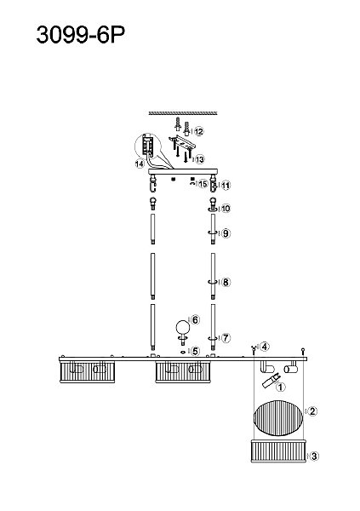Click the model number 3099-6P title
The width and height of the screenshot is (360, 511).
tap(81, 35)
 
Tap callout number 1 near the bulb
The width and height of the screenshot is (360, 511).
tap(280, 388)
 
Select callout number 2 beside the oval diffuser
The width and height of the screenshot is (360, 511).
tap(312, 411)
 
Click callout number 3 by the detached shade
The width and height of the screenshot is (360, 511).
tap(314, 456)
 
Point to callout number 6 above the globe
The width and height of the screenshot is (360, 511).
tap(195, 320)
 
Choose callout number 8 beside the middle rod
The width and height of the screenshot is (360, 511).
tap(226, 282)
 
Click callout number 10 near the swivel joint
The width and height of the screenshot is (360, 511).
tap(226, 209)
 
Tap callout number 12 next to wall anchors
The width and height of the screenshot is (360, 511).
tap(199, 132)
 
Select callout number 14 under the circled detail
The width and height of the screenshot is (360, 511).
tap(139, 164)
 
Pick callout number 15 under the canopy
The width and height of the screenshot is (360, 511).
tap(203, 184)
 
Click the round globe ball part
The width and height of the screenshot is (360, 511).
tap(183, 327)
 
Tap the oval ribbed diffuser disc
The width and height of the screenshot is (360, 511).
tap(278, 419)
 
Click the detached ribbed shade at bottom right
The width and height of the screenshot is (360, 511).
tap(278, 451)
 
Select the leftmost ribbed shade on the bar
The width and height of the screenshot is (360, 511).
tap(88, 371)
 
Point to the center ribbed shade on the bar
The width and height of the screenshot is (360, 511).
tap(183, 371)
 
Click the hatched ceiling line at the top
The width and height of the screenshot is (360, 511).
tap(183, 113)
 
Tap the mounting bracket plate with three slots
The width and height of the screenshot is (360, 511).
tap(181, 143)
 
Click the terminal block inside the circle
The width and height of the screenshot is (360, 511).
tap(147, 145)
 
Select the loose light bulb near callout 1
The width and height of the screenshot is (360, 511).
tap(270, 381)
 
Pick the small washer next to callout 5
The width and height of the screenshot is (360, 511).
tap(183, 352)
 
